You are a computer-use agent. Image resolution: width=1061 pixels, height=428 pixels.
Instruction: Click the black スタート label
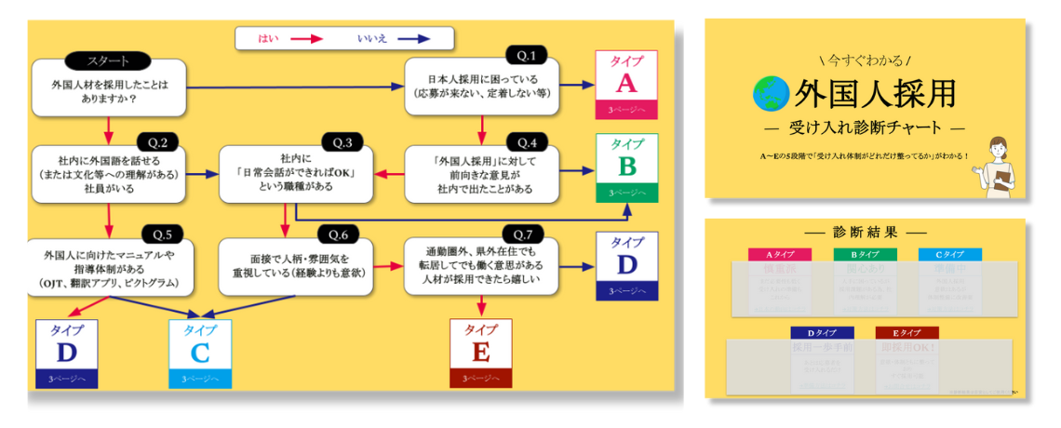(108, 61)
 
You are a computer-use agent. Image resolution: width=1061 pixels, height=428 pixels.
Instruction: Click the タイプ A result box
(626, 83)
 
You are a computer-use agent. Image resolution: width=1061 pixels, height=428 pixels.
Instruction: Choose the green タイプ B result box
(626, 167)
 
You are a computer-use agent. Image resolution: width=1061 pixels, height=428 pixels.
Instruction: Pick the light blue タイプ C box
(199, 354)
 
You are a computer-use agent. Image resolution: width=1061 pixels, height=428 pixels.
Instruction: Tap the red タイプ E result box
(480, 354)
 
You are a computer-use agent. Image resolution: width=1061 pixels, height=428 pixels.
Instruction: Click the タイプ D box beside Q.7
(626, 265)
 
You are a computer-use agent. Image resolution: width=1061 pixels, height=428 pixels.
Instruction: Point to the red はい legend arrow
(306, 39)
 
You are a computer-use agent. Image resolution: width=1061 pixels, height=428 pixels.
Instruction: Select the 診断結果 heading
(865, 232)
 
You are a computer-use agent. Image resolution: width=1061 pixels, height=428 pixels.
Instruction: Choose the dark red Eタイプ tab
(906, 332)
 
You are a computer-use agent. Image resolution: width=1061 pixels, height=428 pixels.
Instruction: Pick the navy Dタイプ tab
(821, 332)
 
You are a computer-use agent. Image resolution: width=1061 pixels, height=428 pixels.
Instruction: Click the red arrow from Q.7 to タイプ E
(481, 306)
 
